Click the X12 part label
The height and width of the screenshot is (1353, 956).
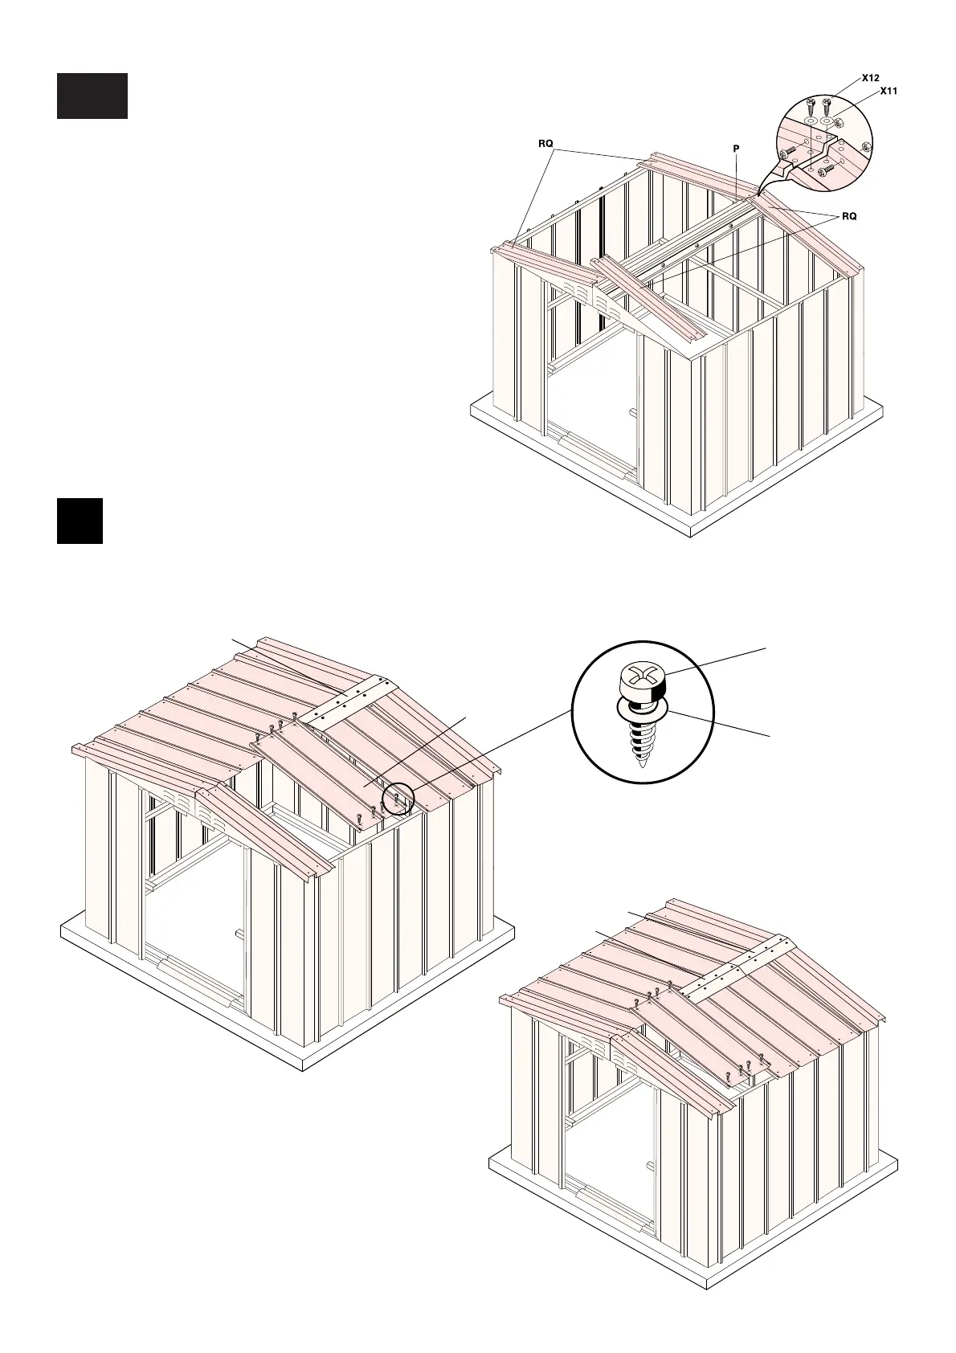pyautogui.click(x=870, y=78)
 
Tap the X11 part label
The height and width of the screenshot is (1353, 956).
pyautogui.click(x=888, y=92)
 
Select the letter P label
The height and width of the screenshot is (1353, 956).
pyautogui.click(x=736, y=149)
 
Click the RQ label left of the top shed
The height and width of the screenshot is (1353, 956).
pyautogui.click(x=545, y=144)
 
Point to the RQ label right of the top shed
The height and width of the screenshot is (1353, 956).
pyautogui.click(x=849, y=216)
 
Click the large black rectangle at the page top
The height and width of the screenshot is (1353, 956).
pyautogui.click(x=92, y=96)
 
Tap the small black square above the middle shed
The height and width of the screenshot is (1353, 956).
pyautogui.click(x=80, y=521)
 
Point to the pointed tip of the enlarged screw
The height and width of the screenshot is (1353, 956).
pyautogui.click(x=640, y=762)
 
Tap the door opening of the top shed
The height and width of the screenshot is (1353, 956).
pyautogui.click(x=590, y=402)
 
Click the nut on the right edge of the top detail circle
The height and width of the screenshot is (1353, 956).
pyautogui.click(x=865, y=148)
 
